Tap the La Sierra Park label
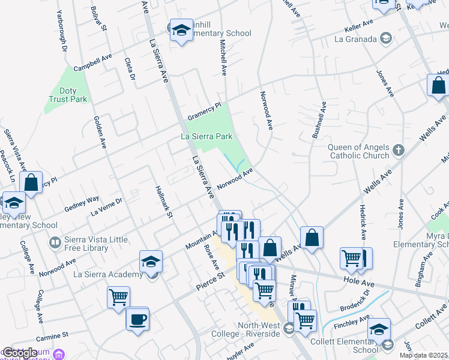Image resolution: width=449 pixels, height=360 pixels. (x=206, y=137)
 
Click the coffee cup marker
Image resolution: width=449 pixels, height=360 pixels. (x=137, y=318)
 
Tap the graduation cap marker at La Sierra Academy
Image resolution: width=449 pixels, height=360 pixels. (x=151, y=262)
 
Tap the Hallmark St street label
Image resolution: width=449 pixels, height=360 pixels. (x=164, y=202)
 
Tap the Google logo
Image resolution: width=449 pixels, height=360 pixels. (x=20, y=352)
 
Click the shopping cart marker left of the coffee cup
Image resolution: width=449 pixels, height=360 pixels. (x=119, y=298)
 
